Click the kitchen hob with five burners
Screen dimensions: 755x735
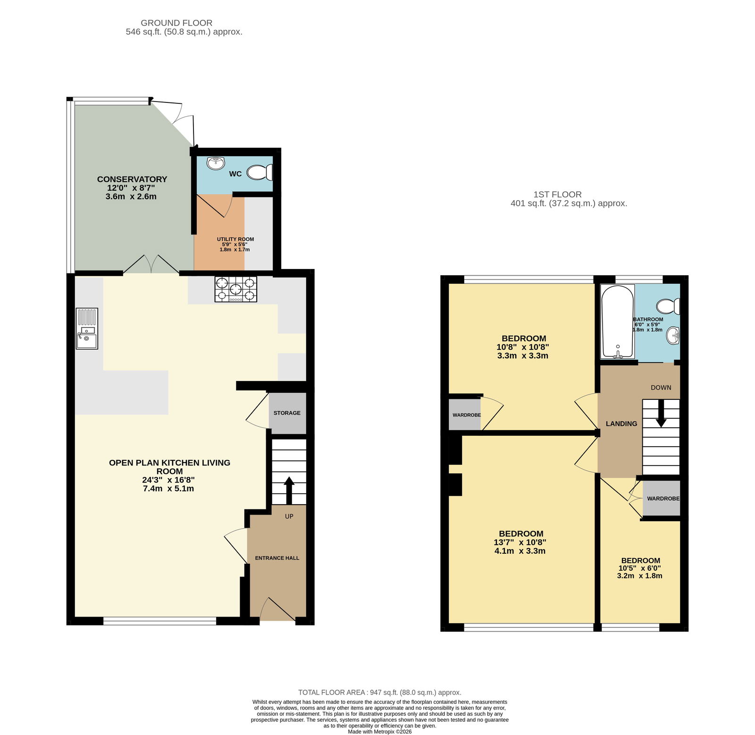[236, 289]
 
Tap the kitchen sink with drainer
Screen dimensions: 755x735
[87, 329]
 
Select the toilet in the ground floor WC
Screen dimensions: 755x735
[260, 172]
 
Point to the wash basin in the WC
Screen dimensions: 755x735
[216, 163]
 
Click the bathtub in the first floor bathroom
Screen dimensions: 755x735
[617, 321]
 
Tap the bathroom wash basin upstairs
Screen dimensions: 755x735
[673, 336]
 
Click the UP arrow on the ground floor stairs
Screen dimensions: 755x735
[289, 491]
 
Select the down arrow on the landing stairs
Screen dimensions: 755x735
[661, 414]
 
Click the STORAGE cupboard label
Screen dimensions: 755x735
[287, 413]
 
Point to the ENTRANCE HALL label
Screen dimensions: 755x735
[277, 558]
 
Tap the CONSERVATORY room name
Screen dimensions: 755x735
[132, 179]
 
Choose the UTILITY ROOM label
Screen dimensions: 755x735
[235, 239]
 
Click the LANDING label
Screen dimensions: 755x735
[621, 424]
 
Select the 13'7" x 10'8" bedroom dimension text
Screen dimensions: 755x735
[520, 542]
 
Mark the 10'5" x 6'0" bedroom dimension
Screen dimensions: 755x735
[640, 568]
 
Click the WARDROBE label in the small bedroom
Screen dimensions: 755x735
[663, 498]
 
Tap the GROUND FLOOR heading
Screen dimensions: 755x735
[176, 23]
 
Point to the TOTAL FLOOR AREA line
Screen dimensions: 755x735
[380, 693]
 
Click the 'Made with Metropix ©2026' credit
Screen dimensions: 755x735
[380, 732]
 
